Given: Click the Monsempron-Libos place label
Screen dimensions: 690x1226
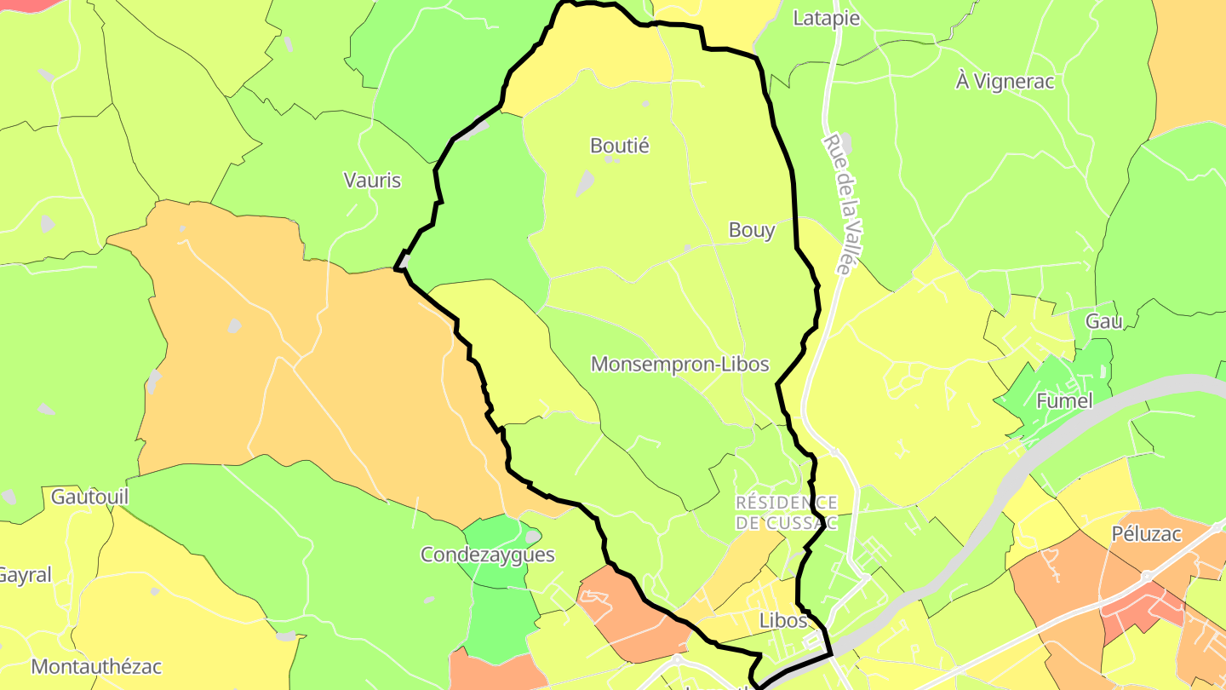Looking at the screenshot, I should tap(679, 365).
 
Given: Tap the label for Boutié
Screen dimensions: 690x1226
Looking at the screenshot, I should tap(620, 146).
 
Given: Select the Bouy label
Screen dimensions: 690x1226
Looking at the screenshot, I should tap(752, 230).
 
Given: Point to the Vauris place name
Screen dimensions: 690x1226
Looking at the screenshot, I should tap(372, 180).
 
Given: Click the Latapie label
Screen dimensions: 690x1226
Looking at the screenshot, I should tap(826, 18).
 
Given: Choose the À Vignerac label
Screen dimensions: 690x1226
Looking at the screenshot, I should tap(1005, 82).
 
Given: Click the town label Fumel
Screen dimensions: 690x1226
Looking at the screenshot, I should tap(1064, 400).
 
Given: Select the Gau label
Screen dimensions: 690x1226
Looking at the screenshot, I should tap(1104, 321).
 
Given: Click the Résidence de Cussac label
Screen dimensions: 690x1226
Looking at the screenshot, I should tap(787, 512).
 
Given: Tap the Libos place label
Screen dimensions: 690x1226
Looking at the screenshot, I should tap(782, 620).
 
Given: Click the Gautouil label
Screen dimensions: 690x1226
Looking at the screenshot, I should tap(89, 496).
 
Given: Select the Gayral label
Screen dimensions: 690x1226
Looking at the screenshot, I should tap(24, 575).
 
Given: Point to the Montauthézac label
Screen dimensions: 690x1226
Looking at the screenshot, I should tap(95, 666).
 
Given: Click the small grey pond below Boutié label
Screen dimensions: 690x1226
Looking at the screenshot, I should tap(585, 182).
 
